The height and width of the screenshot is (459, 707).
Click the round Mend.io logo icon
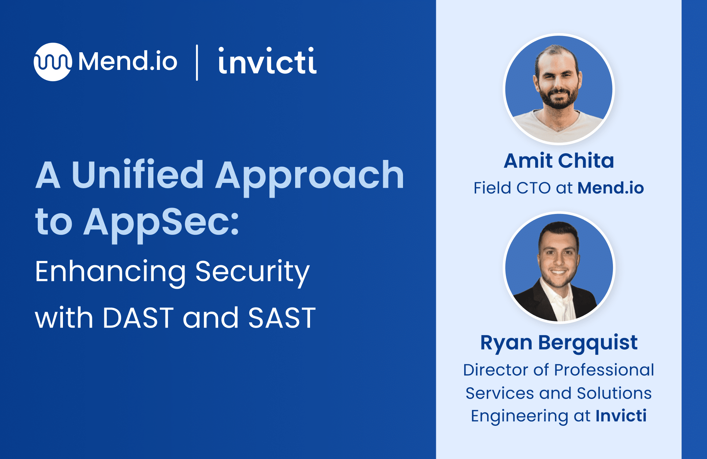[x=53, y=62]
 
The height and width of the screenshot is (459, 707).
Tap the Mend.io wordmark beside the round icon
[x=128, y=61]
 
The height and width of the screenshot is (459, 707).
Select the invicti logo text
[x=267, y=61]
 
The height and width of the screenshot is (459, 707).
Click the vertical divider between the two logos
[x=197, y=62]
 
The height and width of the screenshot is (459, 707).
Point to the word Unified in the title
[x=138, y=174]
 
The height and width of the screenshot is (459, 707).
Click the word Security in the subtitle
[x=252, y=272]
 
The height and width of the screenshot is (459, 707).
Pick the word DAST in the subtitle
[x=138, y=318]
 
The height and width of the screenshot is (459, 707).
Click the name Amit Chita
[x=559, y=161]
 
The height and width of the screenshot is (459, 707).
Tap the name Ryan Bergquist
[x=559, y=343]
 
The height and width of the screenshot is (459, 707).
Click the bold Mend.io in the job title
[x=610, y=188]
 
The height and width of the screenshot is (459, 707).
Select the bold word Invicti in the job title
[x=621, y=416]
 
